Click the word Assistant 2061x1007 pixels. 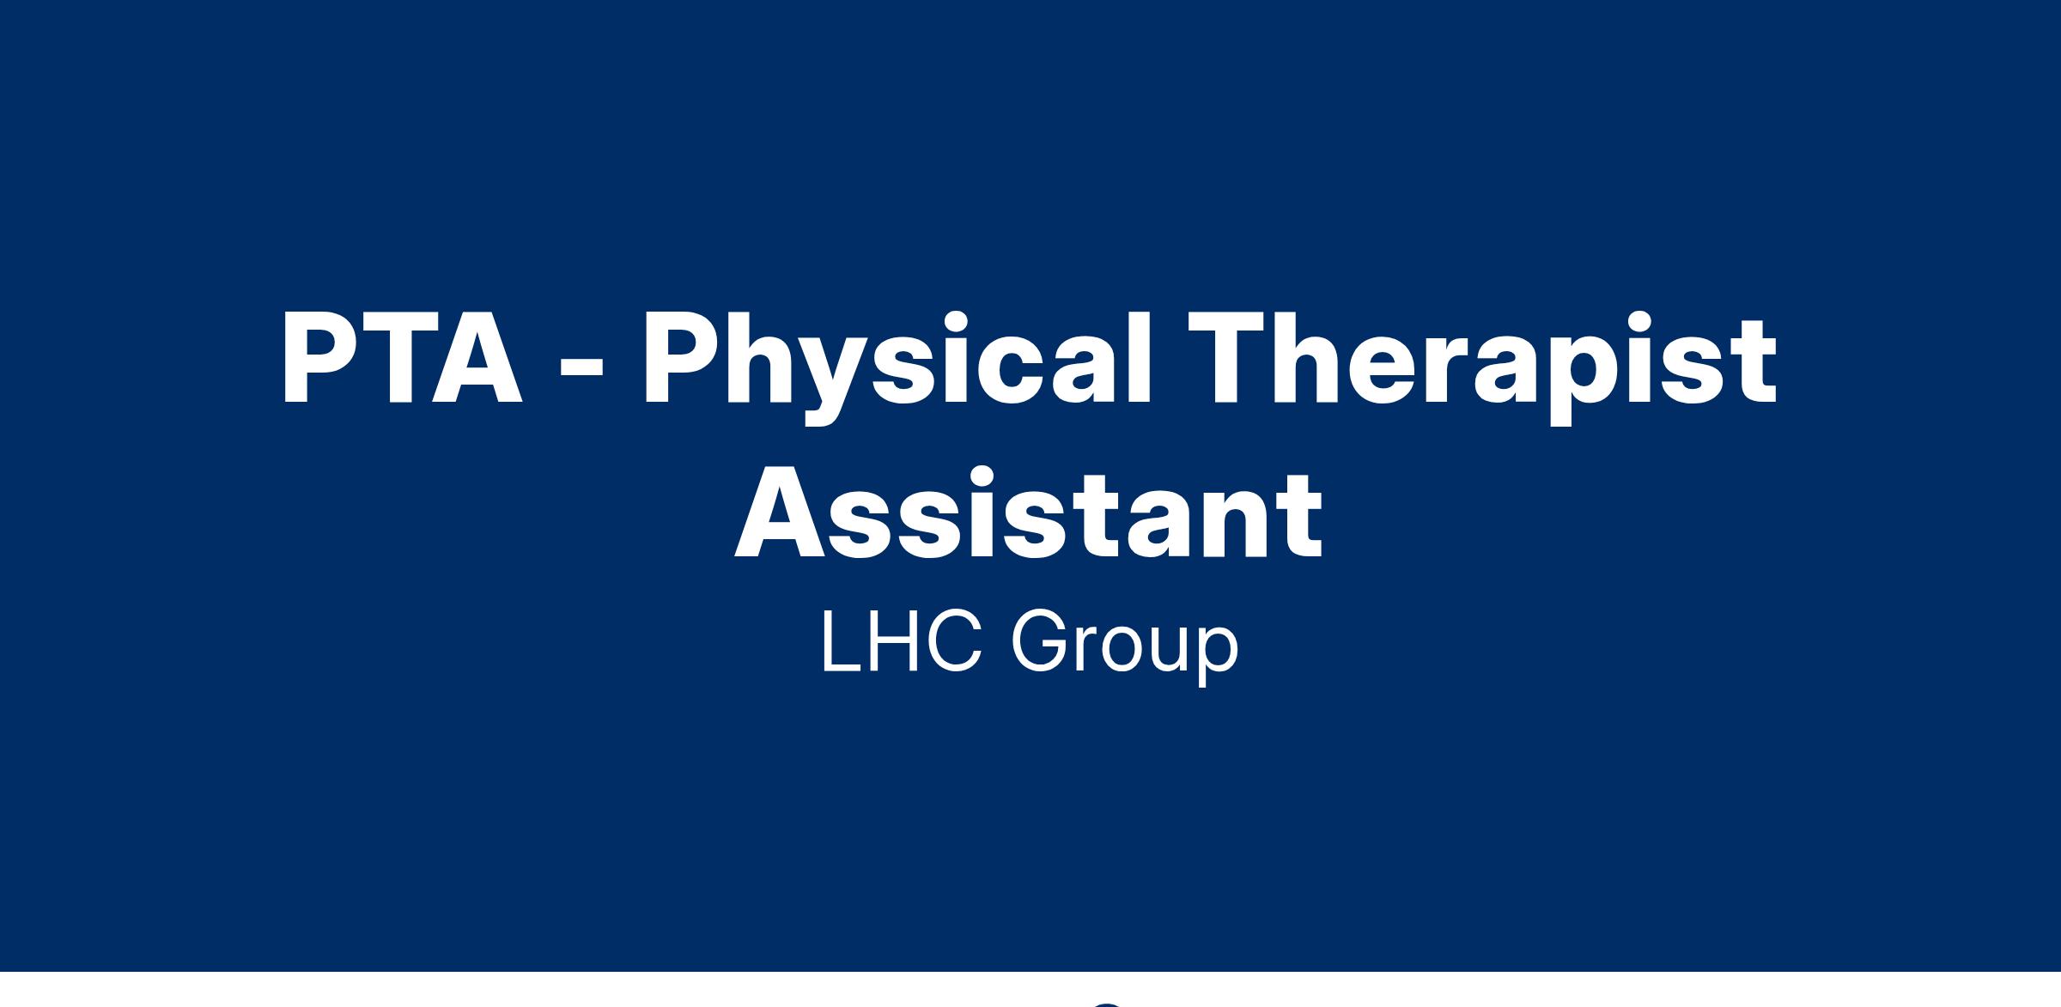tap(1029, 513)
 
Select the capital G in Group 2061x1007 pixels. tap(1040, 641)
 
